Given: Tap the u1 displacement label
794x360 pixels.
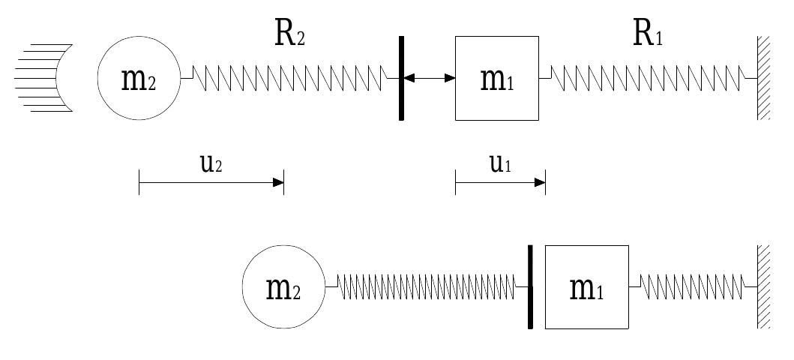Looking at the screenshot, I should pyautogui.click(x=500, y=164).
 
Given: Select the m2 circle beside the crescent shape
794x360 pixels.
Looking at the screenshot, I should pyautogui.click(x=139, y=78).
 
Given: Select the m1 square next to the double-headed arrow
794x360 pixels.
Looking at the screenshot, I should pyautogui.click(x=496, y=78).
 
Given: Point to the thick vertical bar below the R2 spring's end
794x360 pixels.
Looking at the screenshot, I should pyautogui.click(x=401, y=78).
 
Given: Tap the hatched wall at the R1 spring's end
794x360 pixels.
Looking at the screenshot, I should pyautogui.click(x=763, y=78).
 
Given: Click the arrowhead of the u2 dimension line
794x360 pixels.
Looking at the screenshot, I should pyautogui.click(x=278, y=182).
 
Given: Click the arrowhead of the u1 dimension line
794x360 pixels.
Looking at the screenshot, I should pyautogui.click(x=540, y=182).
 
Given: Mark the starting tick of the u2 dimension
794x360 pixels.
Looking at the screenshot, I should pyautogui.click(x=139, y=182).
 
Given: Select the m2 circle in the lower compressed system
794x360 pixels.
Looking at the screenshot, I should pyautogui.click(x=283, y=287).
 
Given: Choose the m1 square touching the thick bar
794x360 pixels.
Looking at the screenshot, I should pyautogui.click(x=586, y=286).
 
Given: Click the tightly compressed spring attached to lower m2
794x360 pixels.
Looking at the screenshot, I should pyautogui.click(x=427, y=286).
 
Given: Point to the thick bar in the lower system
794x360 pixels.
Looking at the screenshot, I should pyautogui.click(x=530, y=286).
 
